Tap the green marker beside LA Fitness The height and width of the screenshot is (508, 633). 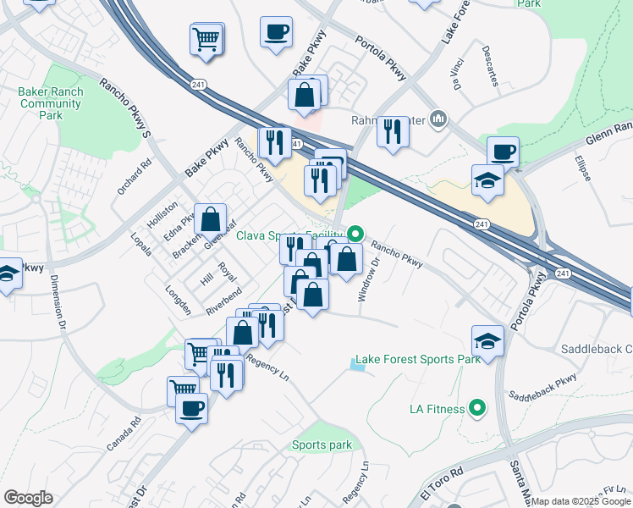coord(477,409)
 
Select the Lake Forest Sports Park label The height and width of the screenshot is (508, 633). coord(417,359)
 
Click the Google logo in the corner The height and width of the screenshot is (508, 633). coord(28,497)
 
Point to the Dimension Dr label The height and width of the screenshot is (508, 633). coord(58,300)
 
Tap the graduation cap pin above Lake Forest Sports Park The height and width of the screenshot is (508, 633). coord(487,340)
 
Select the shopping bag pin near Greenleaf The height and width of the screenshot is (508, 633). coord(210,219)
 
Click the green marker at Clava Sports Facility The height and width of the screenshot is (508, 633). coord(356,234)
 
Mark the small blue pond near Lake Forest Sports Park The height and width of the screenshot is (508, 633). coord(351,364)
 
